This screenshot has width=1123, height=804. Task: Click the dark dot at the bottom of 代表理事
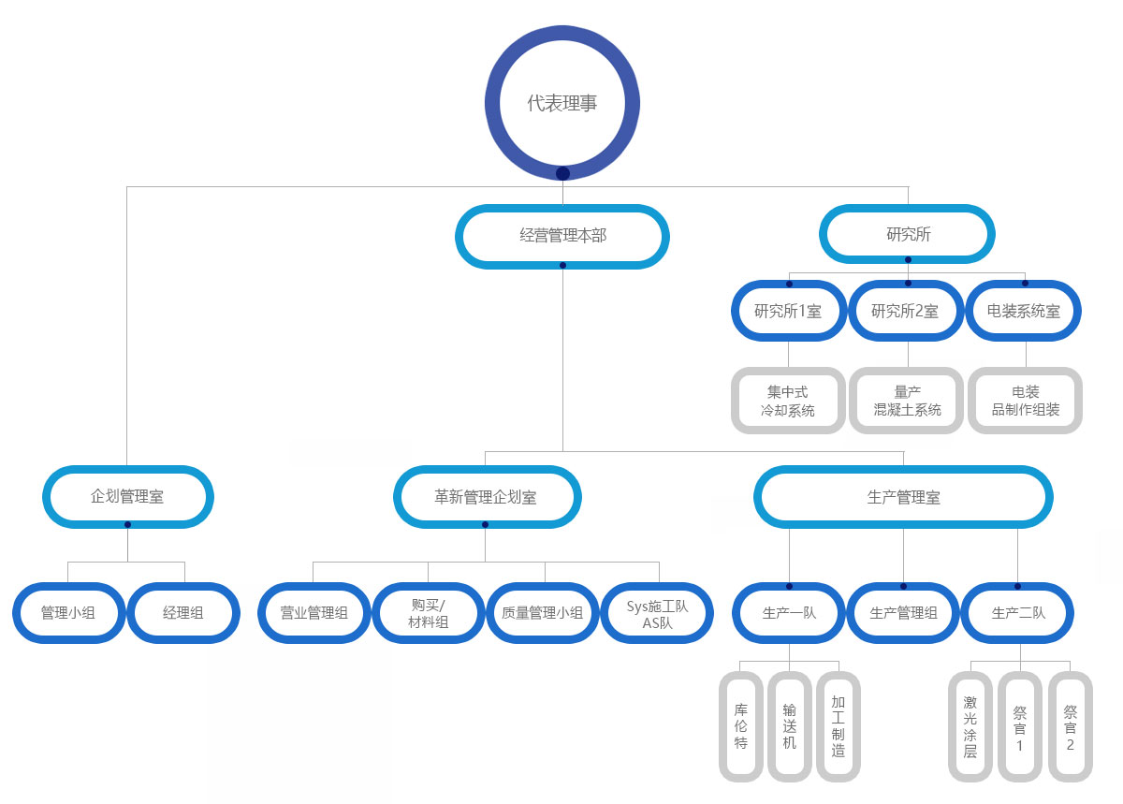(562, 173)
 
